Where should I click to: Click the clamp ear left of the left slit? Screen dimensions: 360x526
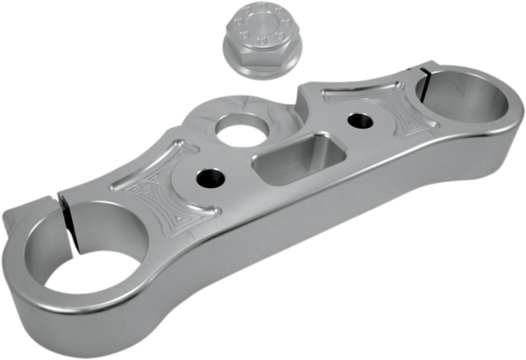[35, 215]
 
